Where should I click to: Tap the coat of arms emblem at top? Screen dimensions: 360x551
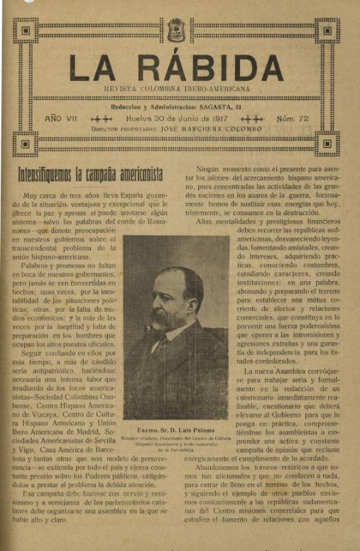tap(176, 31)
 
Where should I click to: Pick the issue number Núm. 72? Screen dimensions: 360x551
tap(293, 119)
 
